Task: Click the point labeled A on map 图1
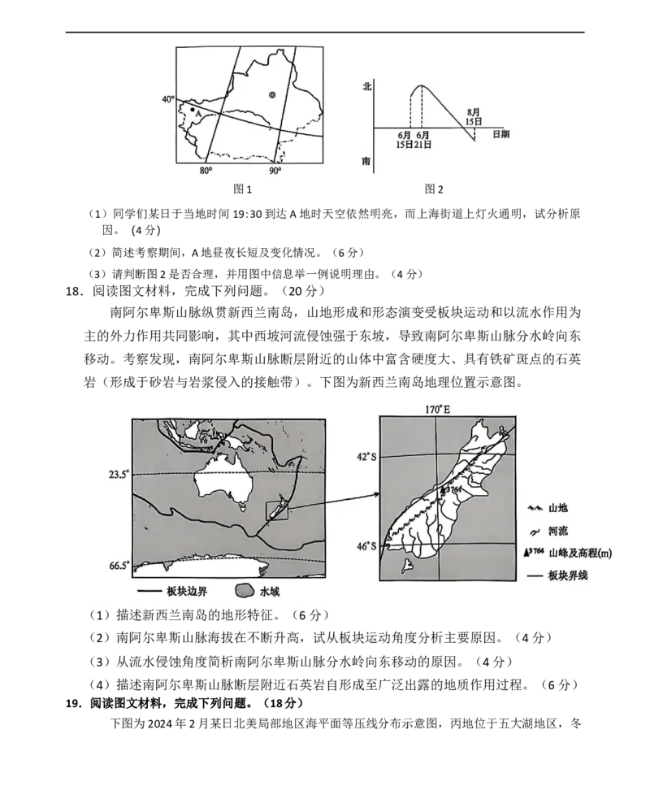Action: pyautogui.click(x=192, y=109)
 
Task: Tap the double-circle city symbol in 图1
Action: pyautogui.click(x=272, y=95)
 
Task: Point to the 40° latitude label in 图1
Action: pyautogui.click(x=168, y=99)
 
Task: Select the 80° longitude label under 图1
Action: pyautogui.click(x=206, y=171)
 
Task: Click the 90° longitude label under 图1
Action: pyautogui.click(x=275, y=171)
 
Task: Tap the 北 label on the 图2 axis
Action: pyautogui.click(x=366, y=87)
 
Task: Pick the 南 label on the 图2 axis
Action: pyautogui.click(x=366, y=161)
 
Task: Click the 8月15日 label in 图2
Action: pyautogui.click(x=474, y=117)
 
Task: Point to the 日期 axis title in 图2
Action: pyautogui.click(x=500, y=134)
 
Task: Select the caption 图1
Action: pyautogui.click(x=242, y=189)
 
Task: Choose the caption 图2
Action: pyautogui.click(x=434, y=189)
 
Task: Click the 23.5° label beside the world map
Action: pyautogui.click(x=118, y=475)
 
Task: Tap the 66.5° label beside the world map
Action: pyautogui.click(x=119, y=565)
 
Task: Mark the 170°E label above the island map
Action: pyautogui.click(x=438, y=409)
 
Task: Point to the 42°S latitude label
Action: pyautogui.click(x=366, y=457)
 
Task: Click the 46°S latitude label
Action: pyautogui.click(x=366, y=546)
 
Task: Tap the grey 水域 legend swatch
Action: pyautogui.click(x=245, y=591)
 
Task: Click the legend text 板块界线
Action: pyautogui.click(x=568, y=575)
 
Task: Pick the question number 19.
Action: pyautogui.click(x=74, y=703)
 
